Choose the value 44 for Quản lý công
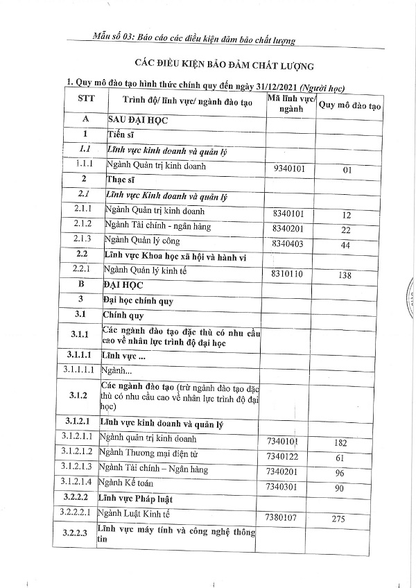(346, 245)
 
